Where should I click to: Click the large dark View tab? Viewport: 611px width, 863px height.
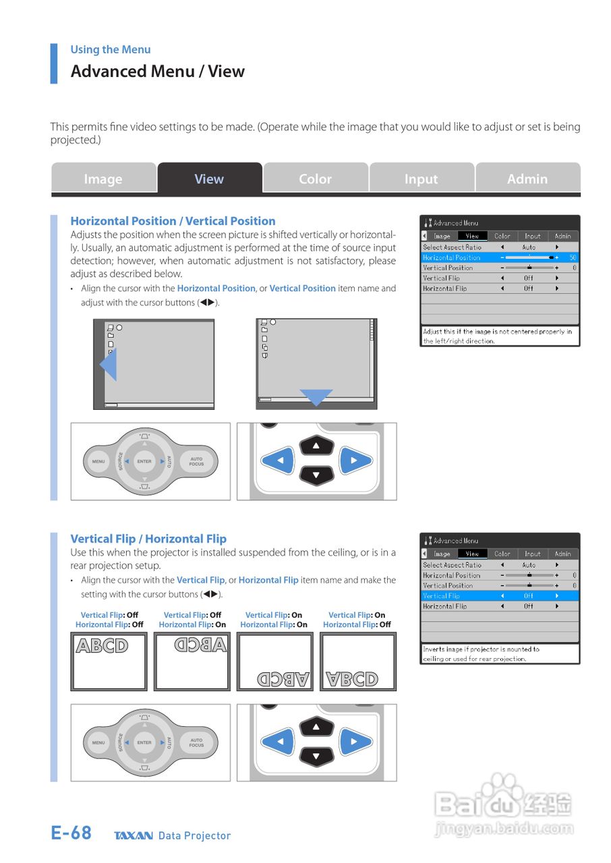pos(209,179)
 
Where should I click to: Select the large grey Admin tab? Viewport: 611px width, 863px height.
pos(527,179)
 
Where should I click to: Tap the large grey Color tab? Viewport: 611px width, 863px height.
pos(315,179)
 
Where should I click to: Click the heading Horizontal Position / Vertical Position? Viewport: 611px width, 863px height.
pos(173,221)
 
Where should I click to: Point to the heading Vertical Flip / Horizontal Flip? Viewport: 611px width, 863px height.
pos(148,539)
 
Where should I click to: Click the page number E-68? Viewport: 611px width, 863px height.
pos(71,833)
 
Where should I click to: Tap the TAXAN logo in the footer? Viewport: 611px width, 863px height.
pos(134,836)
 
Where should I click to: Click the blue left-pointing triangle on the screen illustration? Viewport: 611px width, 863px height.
pos(108,368)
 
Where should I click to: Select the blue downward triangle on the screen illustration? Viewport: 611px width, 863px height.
pos(316,397)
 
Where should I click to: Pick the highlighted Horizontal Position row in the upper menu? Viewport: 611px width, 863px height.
pos(499,258)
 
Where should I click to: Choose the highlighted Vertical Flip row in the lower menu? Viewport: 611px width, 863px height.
pos(499,596)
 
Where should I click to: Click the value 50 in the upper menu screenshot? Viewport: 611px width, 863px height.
pos(573,258)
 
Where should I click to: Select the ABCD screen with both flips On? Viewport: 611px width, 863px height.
pos(274,661)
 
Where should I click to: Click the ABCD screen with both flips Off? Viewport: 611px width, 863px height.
pos(109,661)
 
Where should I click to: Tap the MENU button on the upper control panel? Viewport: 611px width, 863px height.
pos(98,462)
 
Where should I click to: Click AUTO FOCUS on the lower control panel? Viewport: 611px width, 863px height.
pos(196,742)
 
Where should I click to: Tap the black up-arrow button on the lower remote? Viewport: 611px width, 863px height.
pos(316,727)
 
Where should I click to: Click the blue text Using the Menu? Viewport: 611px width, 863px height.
pos(111,49)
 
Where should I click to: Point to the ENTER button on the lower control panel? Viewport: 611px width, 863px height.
pos(144,742)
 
